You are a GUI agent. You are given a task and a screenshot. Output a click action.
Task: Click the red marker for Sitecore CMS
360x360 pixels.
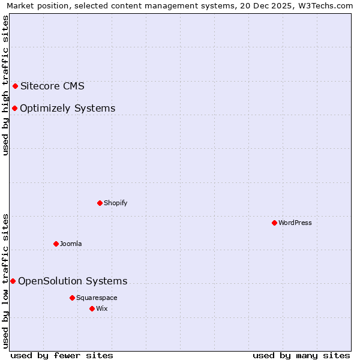[15, 86]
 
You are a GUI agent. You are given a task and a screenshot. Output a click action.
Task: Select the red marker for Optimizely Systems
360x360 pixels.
[14, 108]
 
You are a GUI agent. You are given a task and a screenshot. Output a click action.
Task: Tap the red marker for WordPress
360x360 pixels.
[274, 223]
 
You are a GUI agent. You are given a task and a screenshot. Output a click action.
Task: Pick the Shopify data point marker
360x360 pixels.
[100, 203]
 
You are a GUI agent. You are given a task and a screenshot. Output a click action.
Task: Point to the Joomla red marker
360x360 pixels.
[56, 244]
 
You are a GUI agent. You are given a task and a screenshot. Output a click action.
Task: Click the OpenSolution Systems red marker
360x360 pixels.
[13, 281]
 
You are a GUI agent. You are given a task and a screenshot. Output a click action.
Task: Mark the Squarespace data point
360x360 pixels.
[72, 298]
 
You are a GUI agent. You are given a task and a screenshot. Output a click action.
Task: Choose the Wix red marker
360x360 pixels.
[92, 308]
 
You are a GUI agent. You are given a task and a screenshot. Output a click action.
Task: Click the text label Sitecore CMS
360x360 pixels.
[52, 86]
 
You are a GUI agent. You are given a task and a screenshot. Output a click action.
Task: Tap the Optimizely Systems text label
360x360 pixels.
[67, 109]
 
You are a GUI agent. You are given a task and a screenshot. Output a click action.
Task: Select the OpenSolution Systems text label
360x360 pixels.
[73, 281]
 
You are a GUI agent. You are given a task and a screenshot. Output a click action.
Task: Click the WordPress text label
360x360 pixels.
[295, 223]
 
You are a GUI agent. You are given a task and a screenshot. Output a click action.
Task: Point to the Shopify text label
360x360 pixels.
[115, 203]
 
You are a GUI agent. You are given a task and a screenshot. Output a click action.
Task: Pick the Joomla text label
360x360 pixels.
[71, 244]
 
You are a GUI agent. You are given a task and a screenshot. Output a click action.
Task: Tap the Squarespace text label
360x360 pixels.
[97, 298]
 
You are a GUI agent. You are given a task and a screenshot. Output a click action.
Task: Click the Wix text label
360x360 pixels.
[101, 308]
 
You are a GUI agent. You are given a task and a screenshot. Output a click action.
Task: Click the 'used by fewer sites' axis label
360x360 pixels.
[62, 355]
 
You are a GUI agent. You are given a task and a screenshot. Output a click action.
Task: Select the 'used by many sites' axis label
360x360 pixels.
[301, 355]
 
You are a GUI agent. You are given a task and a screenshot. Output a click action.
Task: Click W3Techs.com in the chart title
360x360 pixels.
[326, 6]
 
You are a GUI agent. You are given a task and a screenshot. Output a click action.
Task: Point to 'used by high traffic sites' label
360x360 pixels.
[6, 85]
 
